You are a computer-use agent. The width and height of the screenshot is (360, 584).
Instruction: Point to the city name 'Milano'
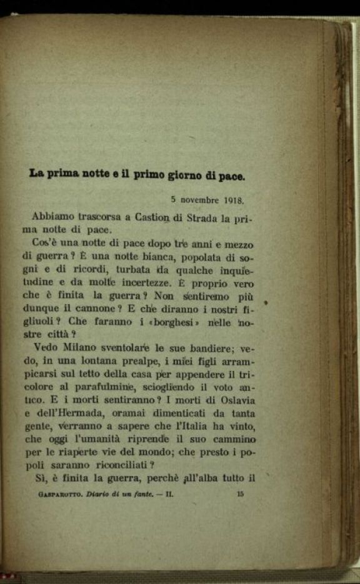[71, 349]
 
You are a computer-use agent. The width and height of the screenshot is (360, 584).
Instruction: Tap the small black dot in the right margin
[266, 304]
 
